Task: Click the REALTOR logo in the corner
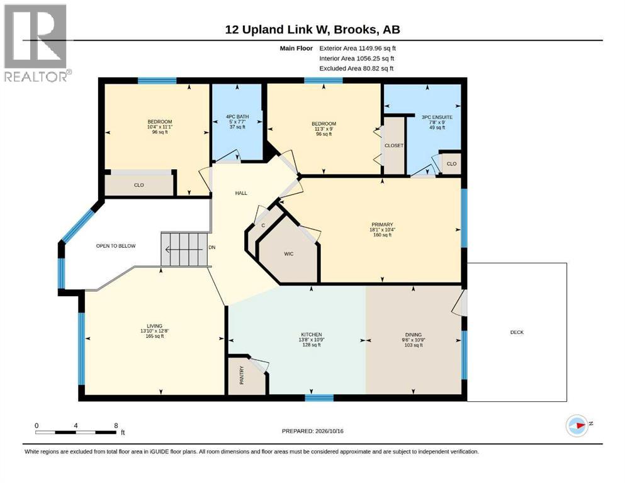coord(36,43)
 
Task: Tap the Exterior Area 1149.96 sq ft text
coord(357,48)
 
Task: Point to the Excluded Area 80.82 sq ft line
coord(356,69)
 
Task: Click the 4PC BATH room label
coord(237,117)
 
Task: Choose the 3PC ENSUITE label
coord(437,118)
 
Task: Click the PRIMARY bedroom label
coord(382,225)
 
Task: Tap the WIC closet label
coord(289,254)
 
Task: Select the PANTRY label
coord(242,375)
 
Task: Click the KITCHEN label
coord(312,335)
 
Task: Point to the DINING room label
coord(414,335)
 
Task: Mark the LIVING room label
coord(155,326)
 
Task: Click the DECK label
coord(517,332)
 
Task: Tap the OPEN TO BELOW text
coord(116,246)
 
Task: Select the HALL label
coord(241,193)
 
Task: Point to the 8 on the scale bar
coord(116,426)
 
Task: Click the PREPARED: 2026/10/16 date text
coord(312,431)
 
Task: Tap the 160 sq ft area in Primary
coord(382,235)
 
